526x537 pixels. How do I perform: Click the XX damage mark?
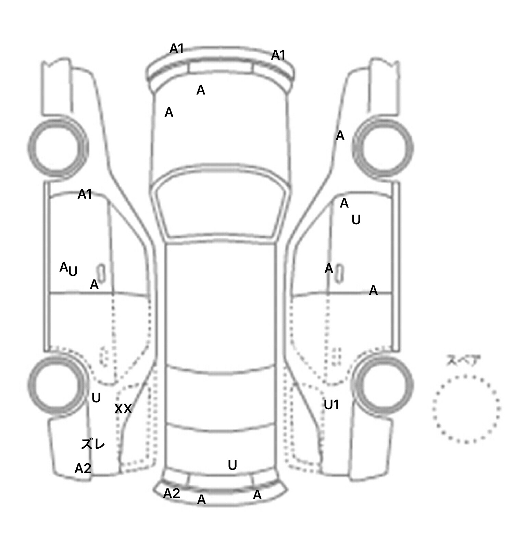point(123,409)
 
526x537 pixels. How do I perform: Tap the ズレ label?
point(93,444)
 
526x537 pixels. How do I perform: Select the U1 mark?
point(331,405)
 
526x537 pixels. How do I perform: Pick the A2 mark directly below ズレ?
point(83,468)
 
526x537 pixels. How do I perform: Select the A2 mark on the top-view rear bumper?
point(172,494)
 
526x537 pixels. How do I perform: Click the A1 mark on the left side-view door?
point(85,194)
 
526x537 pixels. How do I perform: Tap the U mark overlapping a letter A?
point(73,272)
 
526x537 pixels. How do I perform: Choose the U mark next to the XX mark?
point(96,398)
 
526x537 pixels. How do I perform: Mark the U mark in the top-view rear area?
point(233,465)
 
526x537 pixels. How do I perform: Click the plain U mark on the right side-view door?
point(356,220)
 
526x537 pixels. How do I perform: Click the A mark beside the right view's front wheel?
point(340,136)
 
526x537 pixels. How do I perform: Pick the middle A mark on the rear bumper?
point(202,500)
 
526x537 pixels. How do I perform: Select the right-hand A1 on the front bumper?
point(278,55)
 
